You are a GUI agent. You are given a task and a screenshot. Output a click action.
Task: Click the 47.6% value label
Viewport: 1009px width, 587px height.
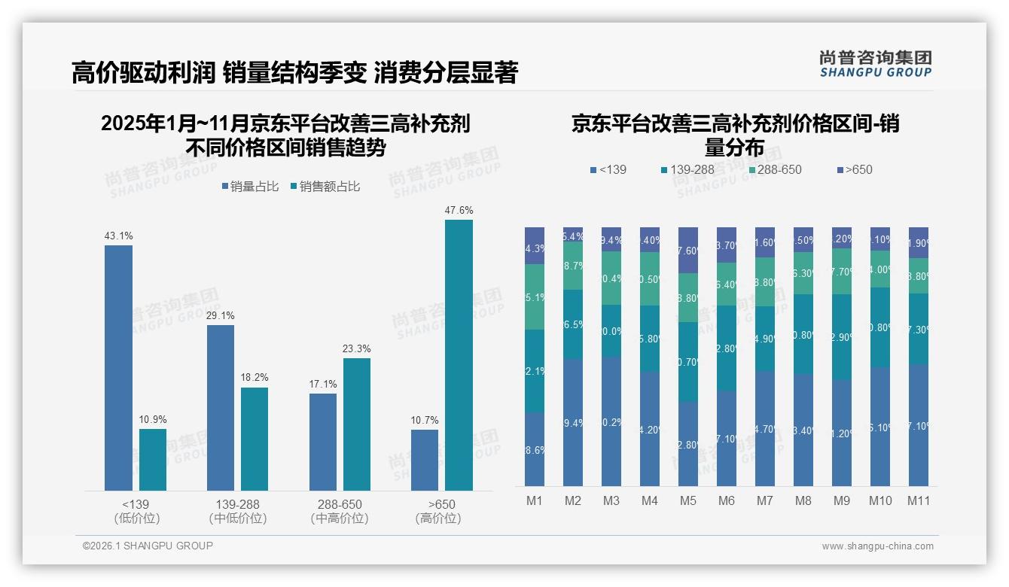(459, 211)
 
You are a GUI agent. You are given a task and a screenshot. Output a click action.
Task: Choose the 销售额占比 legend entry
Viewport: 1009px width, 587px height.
(325, 187)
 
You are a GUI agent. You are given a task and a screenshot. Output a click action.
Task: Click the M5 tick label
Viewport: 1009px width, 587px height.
(687, 500)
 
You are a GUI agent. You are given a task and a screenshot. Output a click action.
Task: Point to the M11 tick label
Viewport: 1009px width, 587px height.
(918, 500)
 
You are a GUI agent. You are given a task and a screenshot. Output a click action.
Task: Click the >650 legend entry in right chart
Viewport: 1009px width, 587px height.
(854, 170)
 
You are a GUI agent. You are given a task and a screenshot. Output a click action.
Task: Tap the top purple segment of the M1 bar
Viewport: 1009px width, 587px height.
(535, 245)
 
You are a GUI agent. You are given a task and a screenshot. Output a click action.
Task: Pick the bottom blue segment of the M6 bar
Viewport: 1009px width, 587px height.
(726, 438)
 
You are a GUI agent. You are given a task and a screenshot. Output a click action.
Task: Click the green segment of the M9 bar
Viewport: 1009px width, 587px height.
(841, 271)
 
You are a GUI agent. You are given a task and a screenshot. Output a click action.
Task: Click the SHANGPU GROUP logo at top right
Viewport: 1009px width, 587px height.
(875, 64)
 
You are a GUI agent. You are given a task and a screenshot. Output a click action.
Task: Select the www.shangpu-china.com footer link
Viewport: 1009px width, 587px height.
(877, 546)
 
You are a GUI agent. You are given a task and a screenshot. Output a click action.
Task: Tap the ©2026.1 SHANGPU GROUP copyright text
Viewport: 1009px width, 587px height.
(148, 546)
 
